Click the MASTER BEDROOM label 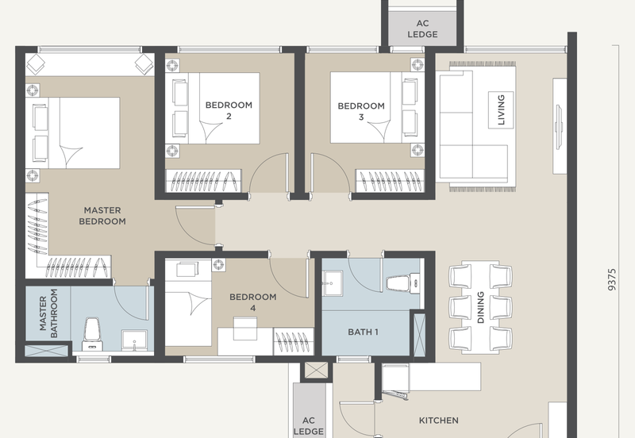pyautogui.click(x=102, y=216)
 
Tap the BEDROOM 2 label pyautogui.click(x=229, y=110)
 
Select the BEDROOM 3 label pyautogui.click(x=361, y=111)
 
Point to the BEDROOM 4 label pyautogui.click(x=253, y=302)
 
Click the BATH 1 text pyautogui.click(x=364, y=332)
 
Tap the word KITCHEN pyautogui.click(x=439, y=421)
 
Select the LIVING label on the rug pyautogui.click(x=501, y=109)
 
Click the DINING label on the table pyautogui.click(x=481, y=307)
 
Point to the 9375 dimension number pyautogui.click(x=612, y=279)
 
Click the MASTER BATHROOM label pyautogui.click(x=48, y=313)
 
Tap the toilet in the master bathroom pyautogui.click(x=92, y=334)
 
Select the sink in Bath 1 pyautogui.click(x=333, y=283)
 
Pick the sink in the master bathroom pyautogui.click(x=134, y=340)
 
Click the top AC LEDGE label pyautogui.click(x=422, y=29)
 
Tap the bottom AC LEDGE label pyautogui.click(x=309, y=426)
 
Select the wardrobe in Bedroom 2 pyautogui.click(x=204, y=181)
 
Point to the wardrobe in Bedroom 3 pyautogui.click(x=390, y=181)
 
